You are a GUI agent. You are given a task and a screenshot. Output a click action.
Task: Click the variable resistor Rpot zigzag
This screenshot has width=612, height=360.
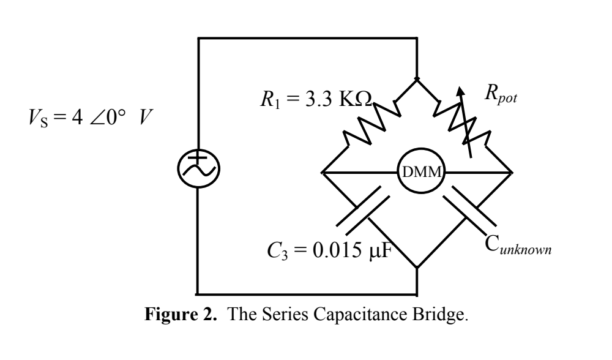[x=465, y=126]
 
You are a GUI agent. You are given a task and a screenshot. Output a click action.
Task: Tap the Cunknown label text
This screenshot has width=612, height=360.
[x=518, y=249]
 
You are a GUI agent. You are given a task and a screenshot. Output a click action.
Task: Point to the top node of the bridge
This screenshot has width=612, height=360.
[x=416, y=79]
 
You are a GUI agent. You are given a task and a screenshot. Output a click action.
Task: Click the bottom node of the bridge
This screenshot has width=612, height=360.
[x=416, y=268]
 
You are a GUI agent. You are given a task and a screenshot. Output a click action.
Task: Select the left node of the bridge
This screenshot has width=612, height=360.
[x=321, y=173]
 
